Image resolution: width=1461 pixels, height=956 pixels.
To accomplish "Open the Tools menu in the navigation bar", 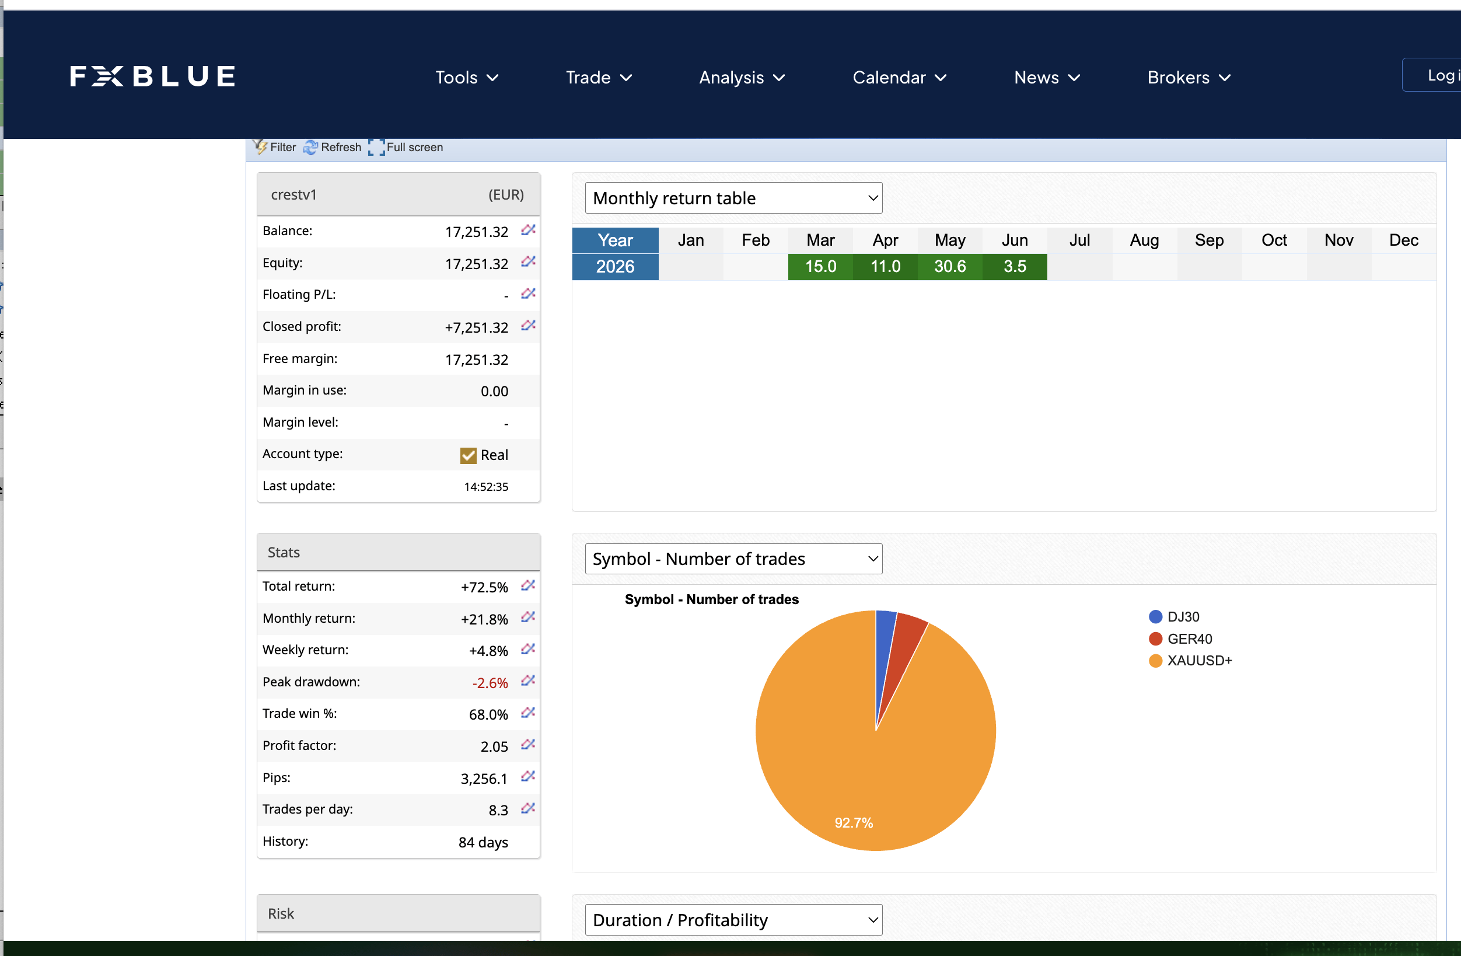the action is pyautogui.click(x=467, y=78).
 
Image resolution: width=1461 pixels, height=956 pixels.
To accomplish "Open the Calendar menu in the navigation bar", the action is pyautogui.click(x=899, y=78).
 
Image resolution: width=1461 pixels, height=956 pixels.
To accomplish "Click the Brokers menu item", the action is pyautogui.click(x=1189, y=78).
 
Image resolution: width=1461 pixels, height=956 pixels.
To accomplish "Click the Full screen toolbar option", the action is pyautogui.click(x=406, y=147).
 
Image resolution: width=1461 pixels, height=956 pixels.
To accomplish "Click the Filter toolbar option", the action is pyautogui.click(x=275, y=147).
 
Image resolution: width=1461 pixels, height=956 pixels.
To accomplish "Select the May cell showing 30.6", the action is pyautogui.click(x=950, y=267).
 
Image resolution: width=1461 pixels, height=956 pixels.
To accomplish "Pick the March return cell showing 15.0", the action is pyautogui.click(x=820, y=267).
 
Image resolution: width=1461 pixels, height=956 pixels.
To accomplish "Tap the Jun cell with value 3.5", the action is pyautogui.click(x=1015, y=267).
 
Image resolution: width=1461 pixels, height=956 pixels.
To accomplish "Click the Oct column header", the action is pyautogui.click(x=1274, y=240).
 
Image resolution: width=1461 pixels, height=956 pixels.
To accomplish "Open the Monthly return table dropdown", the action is pyautogui.click(x=733, y=198).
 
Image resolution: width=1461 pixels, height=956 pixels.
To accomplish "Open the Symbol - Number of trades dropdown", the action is pyautogui.click(x=733, y=559).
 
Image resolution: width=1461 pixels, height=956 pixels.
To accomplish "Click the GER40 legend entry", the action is pyautogui.click(x=1180, y=639).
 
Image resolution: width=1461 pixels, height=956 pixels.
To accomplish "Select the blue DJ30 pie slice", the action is pyautogui.click(x=884, y=651).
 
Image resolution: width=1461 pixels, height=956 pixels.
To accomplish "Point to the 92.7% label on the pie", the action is pyautogui.click(x=853, y=823).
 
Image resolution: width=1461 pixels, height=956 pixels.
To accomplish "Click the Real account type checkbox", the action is pyautogui.click(x=469, y=455).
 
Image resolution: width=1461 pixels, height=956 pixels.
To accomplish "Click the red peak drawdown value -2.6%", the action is pyautogui.click(x=490, y=683).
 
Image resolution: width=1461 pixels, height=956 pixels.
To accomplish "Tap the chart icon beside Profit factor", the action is pyautogui.click(x=528, y=745).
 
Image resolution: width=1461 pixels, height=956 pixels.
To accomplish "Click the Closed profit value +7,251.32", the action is pyautogui.click(x=476, y=327).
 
